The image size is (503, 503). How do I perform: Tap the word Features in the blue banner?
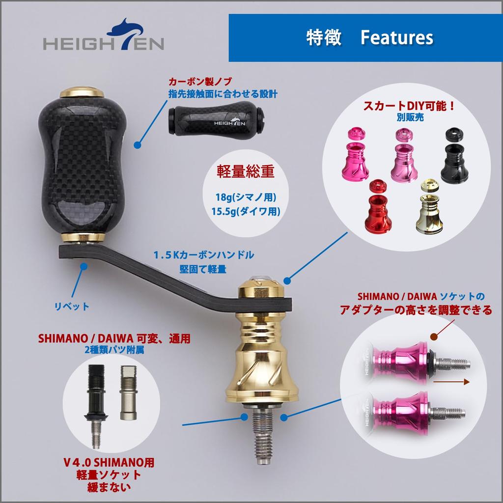[x=396, y=38]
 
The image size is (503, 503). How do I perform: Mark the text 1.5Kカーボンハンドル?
[x=203, y=255]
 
